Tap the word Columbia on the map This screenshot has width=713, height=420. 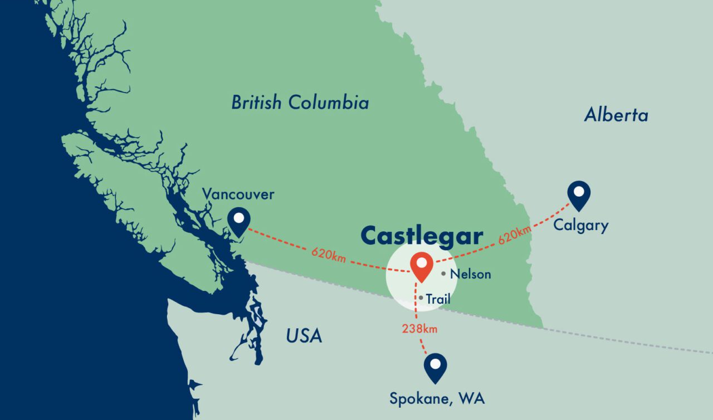[330, 103]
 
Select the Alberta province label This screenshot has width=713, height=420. [616, 115]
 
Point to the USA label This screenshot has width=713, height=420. [304, 336]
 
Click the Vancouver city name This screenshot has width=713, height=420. [238, 194]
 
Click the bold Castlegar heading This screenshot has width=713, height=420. [422, 236]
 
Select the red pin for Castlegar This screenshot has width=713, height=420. [421, 266]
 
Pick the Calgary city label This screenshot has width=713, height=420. [581, 226]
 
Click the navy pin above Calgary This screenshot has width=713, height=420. [579, 195]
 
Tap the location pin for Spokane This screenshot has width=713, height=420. [435, 367]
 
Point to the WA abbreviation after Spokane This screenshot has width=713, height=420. [473, 399]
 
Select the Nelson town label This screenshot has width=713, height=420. [470, 274]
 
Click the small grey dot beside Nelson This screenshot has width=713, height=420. [443, 274]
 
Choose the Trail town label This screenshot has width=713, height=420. [438, 299]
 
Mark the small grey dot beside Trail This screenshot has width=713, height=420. [421, 298]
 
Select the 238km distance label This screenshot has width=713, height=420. [419, 329]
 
